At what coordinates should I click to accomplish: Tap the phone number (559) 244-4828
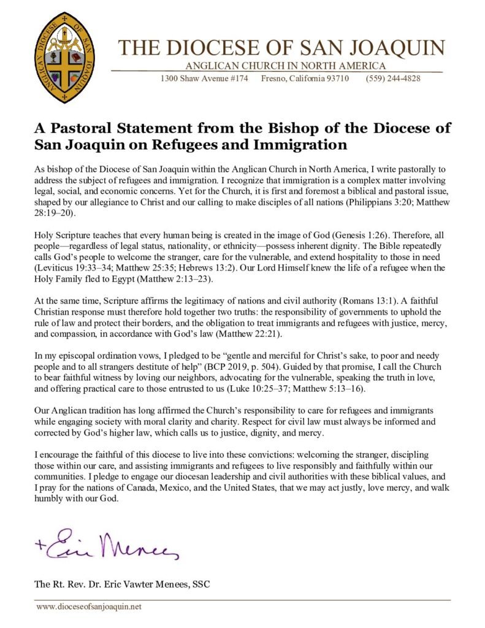point(393,78)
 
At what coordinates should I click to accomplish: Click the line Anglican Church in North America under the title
point(286,66)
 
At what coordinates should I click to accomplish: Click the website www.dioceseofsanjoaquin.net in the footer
point(89,607)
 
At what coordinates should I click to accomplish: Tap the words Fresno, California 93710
point(305,78)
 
